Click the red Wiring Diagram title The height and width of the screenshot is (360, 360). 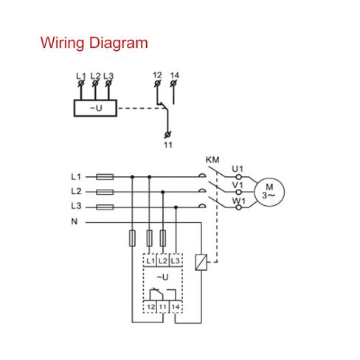click(x=94, y=43)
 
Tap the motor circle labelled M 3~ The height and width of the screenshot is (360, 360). click(x=269, y=192)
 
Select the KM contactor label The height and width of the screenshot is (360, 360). click(x=212, y=160)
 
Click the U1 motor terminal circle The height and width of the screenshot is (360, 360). click(x=238, y=177)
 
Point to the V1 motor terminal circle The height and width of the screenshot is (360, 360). click(x=238, y=192)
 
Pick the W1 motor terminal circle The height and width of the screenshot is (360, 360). click(x=238, y=207)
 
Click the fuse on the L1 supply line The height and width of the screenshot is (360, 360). click(x=105, y=177)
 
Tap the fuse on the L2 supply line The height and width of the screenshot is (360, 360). click(x=105, y=192)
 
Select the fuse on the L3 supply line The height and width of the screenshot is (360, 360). click(x=105, y=207)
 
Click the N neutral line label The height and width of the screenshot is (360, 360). click(x=75, y=221)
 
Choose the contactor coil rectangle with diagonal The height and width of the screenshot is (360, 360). click(x=201, y=263)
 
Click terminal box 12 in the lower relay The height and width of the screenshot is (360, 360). click(x=150, y=307)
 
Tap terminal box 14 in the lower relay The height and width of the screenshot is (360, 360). click(x=176, y=307)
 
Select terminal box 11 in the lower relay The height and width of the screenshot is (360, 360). click(x=163, y=307)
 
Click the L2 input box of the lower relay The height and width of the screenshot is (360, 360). click(x=163, y=260)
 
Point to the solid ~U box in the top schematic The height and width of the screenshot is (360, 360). click(x=95, y=108)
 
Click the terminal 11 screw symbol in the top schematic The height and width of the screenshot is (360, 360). click(x=167, y=135)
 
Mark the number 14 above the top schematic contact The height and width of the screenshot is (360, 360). click(x=175, y=75)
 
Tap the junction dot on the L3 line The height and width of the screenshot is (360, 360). click(x=176, y=207)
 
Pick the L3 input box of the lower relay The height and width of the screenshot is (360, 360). click(x=176, y=260)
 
